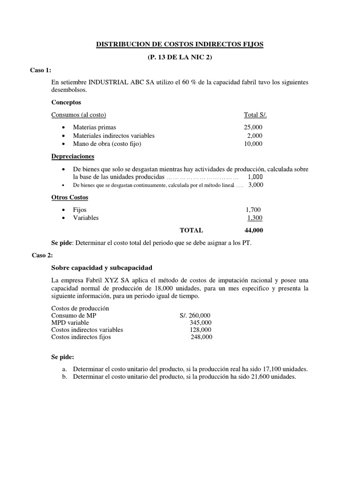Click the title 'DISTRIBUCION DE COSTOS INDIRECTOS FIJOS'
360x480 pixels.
click(180, 45)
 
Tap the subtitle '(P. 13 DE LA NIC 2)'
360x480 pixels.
click(180, 57)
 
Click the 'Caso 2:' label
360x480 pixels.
click(43, 255)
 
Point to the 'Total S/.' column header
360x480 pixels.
click(255, 115)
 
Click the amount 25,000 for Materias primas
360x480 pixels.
click(253, 127)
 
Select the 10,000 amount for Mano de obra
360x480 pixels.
click(253, 144)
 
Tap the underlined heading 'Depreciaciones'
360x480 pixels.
click(72, 156)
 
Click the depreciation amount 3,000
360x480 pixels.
click(256, 185)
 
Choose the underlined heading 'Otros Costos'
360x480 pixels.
click(69, 197)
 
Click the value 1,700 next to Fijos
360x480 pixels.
click(253, 210)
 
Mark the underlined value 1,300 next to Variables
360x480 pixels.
click(255, 218)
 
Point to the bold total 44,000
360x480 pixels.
click(254, 230)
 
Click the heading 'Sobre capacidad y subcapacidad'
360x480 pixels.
click(102, 268)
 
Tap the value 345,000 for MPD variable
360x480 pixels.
click(201, 322)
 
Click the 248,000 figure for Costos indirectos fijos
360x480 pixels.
click(201, 337)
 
